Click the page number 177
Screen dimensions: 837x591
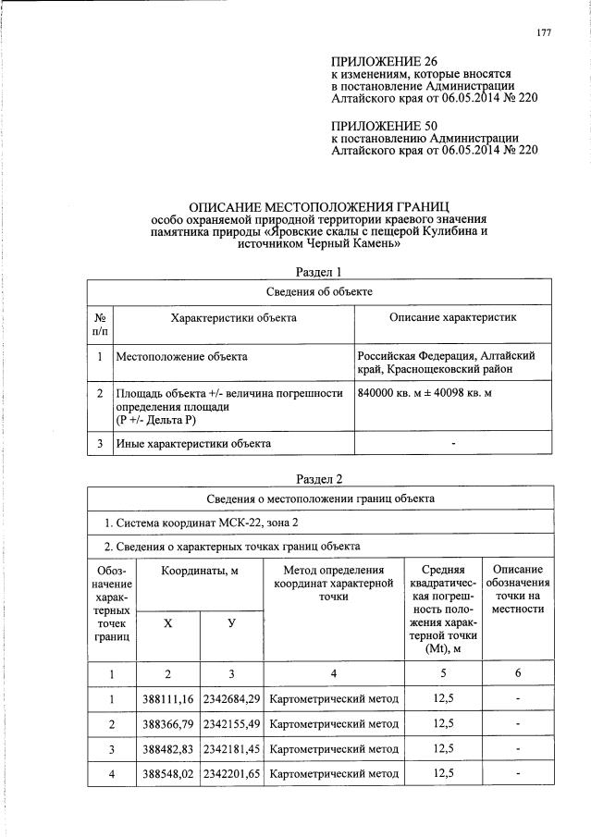tap(543, 34)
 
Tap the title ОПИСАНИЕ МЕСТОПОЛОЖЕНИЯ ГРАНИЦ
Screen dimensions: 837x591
tap(318, 206)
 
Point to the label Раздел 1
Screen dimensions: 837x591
tap(318, 272)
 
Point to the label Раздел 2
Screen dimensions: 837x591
tap(318, 479)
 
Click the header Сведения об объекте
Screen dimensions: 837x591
tap(318, 291)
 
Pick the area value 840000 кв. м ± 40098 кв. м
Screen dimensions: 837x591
tap(424, 393)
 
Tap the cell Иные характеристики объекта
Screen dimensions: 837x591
tap(192, 444)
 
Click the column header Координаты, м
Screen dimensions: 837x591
tap(200, 572)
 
